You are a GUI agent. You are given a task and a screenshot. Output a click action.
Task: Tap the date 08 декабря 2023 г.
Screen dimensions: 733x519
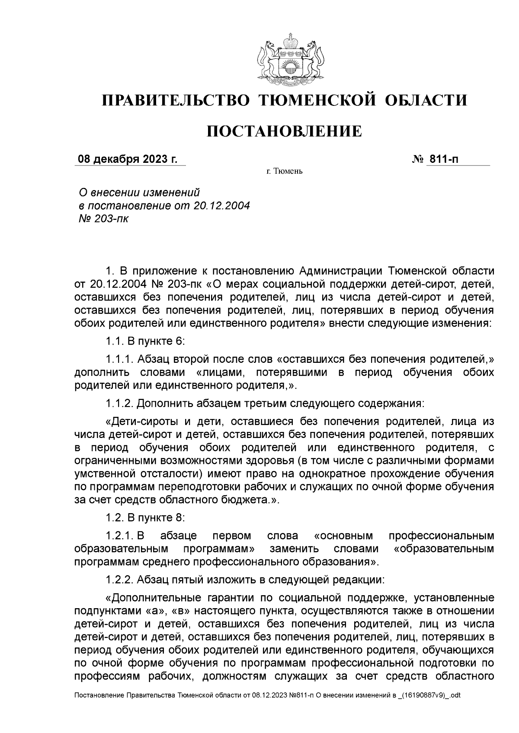pos(128,159)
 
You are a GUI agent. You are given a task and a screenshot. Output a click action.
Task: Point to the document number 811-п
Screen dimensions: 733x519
pos(443,159)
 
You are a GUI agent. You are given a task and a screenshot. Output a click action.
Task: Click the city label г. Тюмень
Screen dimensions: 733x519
pos(284,172)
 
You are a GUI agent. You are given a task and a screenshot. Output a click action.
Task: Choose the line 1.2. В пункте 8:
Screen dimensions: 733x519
pos(145,517)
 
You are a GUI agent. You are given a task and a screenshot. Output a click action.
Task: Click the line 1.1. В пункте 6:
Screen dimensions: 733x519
pos(145,341)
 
